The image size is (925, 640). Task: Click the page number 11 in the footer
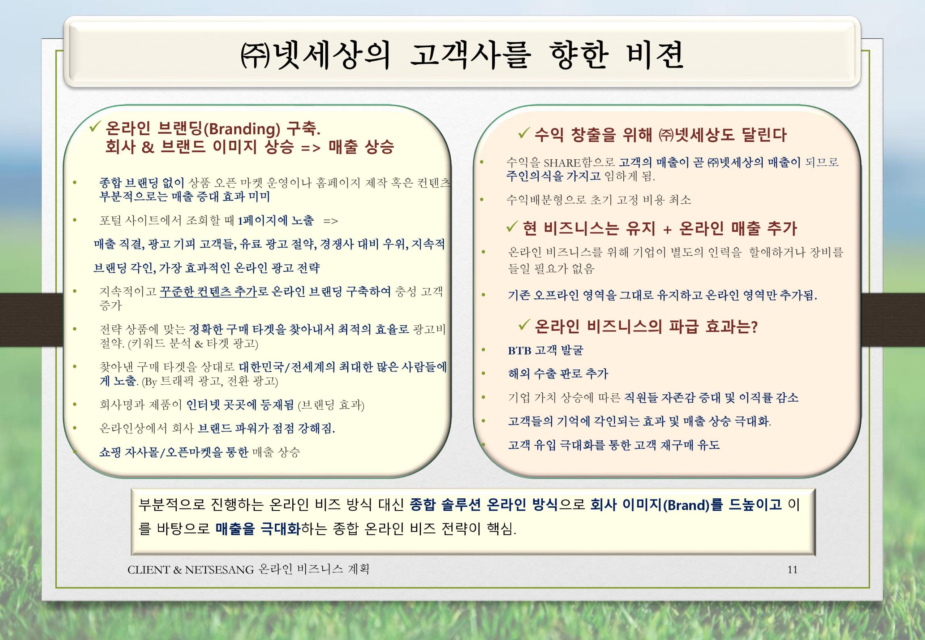[x=792, y=570]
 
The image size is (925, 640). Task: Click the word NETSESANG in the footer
[x=219, y=570]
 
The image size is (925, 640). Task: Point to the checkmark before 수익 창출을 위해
[x=524, y=134]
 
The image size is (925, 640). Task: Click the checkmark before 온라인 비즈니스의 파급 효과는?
[x=524, y=325]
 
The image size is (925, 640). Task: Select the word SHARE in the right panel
[x=562, y=163]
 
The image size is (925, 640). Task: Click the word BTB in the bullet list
[x=520, y=350]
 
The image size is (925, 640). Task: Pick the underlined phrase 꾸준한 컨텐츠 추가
[x=208, y=291]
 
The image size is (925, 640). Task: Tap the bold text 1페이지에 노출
[x=276, y=220]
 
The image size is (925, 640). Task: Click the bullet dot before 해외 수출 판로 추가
[x=483, y=374]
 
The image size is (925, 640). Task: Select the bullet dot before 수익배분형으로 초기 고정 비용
[x=482, y=199]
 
